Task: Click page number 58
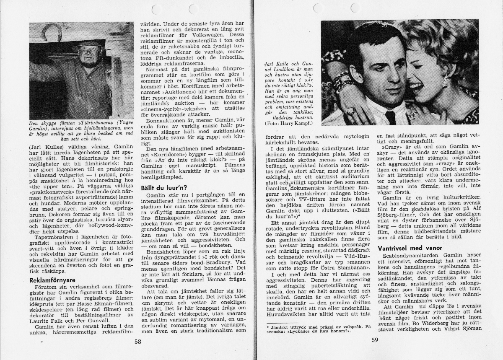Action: click(137, 341)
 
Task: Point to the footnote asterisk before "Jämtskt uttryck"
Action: click(269, 326)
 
